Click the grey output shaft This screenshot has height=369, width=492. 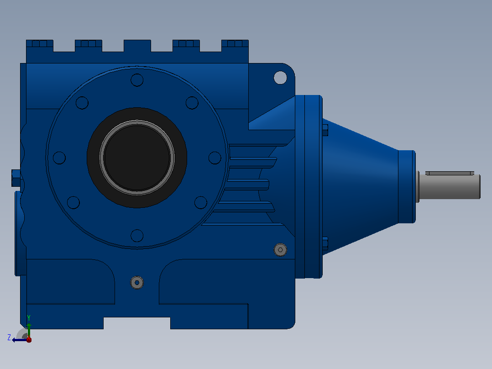(449, 186)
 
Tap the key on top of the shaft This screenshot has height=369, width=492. (450, 173)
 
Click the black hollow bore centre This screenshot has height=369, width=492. (137, 158)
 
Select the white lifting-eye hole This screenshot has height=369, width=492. (280, 78)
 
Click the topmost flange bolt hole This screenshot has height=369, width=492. (137, 80)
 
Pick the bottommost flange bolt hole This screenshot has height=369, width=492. (137, 236)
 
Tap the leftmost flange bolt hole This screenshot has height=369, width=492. (59, 158)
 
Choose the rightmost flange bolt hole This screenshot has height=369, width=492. (215, 158)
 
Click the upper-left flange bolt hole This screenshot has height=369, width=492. (82, 103)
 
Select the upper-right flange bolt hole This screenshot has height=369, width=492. (192, 103)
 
